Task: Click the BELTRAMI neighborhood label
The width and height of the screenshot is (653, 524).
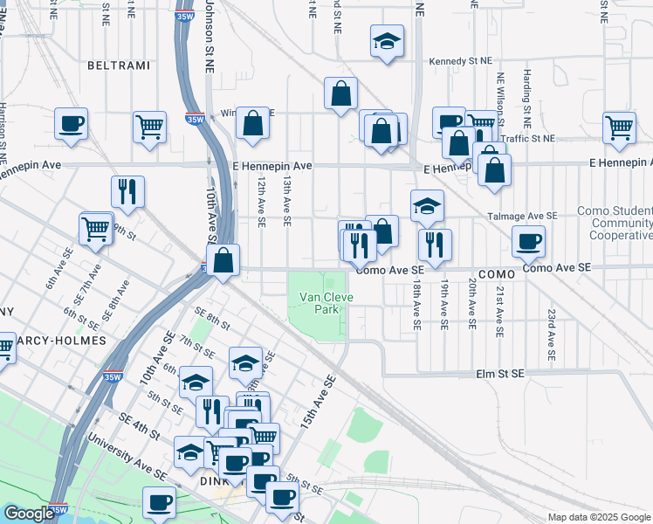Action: pyautogui.click(x=119, y=65)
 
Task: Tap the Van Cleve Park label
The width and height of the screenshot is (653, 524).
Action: pyautogui.click(x=319, y=303)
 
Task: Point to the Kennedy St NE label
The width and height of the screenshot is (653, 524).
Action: pyautogui.click(x=460, y=62)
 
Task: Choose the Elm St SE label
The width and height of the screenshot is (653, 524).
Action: pyautogui.click(x=499, y=373)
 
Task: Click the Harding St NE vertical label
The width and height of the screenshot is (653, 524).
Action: pyautogui.click(x=526, y=96)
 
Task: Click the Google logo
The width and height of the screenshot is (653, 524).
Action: pyautogui.click(x=28, y=514)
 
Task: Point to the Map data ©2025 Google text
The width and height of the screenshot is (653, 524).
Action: pyautogui.click(x=598, y=517)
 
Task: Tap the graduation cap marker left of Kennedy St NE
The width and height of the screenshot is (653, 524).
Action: pyautogui.click(x=387, y=41)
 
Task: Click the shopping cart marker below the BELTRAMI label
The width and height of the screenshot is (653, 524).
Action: pyautogui.click(x=150, y=126)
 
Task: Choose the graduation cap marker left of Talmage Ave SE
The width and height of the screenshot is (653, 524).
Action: pyautogui.click(x=427, y=206)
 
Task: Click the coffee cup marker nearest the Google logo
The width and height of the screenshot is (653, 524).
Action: pyautogui.click(x=160, y=501)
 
